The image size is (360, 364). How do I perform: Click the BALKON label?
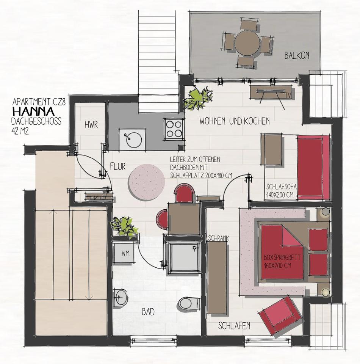point(297,56)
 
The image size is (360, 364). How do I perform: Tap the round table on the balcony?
point(247,43)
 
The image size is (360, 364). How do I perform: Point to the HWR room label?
point(91,125)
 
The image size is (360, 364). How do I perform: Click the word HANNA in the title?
point(34,111)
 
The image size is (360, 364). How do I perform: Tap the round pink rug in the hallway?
point(147,182)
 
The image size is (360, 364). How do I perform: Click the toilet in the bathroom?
point(189,303)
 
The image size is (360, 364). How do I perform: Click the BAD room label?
point(148,312)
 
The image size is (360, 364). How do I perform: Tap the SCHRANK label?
point(219,238)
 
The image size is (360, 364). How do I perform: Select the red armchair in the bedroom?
point(280,315)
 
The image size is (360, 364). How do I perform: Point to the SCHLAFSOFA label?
point(281,187)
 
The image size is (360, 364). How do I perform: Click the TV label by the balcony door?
point(288,95)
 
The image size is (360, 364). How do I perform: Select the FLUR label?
point(118,166)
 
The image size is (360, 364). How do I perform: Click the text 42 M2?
point(20,132)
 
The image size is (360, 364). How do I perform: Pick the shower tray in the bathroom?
point(184,257)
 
